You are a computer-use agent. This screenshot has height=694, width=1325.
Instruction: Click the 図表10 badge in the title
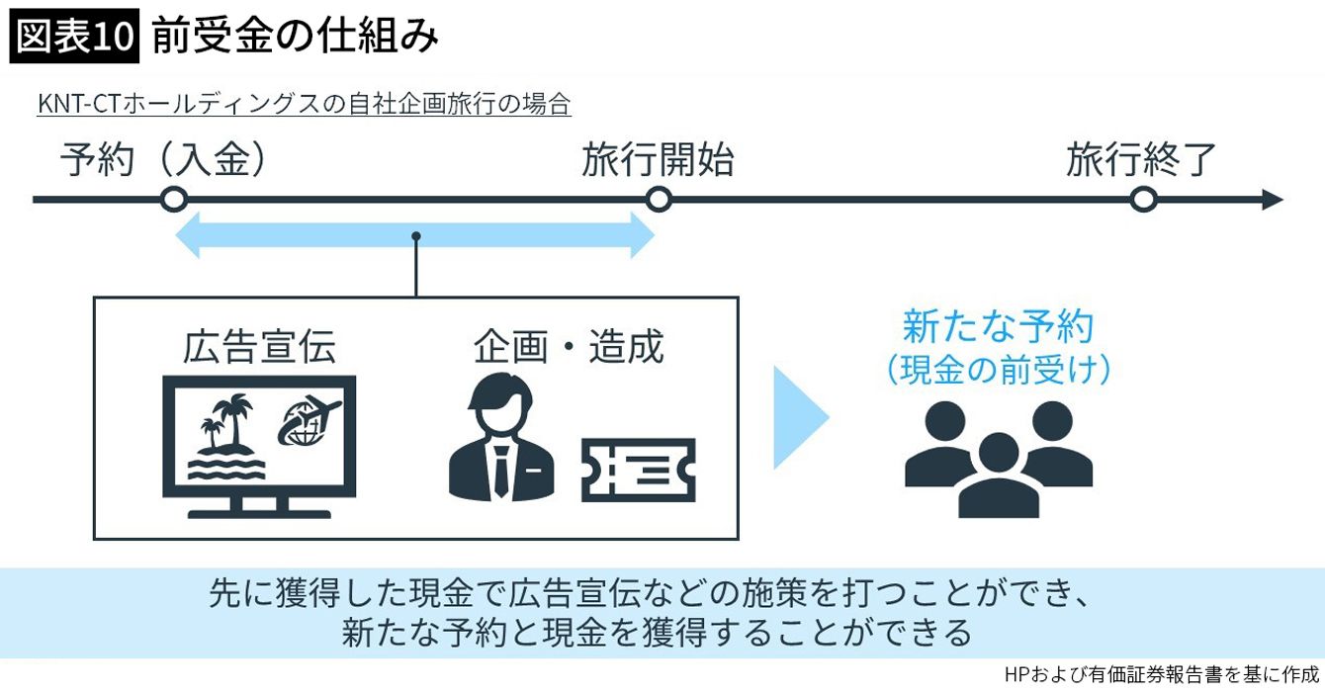(74, 38)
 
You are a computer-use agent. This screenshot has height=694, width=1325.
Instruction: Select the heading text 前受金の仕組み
(295, 38)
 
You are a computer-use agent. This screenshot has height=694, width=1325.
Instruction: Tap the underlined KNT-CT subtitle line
(304, 104)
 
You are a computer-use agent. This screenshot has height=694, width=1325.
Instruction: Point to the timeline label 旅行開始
(658, 159)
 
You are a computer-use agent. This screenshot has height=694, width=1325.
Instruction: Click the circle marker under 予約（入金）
(174, 200)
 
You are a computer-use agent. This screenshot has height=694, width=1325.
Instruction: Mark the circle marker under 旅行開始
(659, 200)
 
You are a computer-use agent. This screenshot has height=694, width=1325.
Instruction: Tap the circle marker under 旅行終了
(1143, 200)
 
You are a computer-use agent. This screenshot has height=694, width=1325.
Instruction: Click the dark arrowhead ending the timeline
(1272, 200)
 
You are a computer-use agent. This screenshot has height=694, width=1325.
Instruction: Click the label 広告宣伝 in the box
(259, 347)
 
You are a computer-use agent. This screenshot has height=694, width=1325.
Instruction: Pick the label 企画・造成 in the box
(568, 347)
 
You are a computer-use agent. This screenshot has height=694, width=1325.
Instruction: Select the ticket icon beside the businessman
(638, 470)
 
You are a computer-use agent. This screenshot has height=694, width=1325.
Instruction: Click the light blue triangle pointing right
(799, 417)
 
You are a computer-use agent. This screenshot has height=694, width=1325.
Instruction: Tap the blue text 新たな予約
(998, 327)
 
